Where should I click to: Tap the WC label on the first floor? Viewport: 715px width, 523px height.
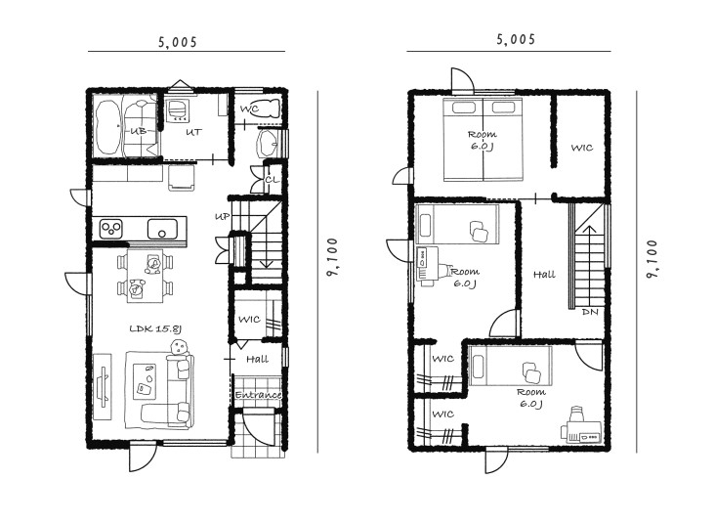click(x=249, y=109)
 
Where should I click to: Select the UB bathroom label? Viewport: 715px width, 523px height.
click(x=138, y=131)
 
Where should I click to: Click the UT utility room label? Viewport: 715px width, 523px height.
click(x=193, y=132)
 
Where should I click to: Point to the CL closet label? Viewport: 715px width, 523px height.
click(x=272, y=180)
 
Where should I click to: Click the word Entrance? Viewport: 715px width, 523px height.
click(x=258, y=395)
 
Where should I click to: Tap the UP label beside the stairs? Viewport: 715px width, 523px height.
click(x=222, y=217)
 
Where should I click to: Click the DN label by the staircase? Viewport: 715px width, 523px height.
click(x=590, y=312)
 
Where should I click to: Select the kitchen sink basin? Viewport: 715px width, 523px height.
click(x=162, y=229)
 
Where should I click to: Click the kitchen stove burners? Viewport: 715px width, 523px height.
click(x=111, y=229)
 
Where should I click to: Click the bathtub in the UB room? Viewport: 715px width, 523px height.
click(x=108, y=128)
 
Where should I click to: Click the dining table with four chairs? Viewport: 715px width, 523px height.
click(x=145, y=276)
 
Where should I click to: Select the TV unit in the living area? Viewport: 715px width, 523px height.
click(x=103, y=386)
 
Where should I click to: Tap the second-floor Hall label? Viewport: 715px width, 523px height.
click(x=544, y=275)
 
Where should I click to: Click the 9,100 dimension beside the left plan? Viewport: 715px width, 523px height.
click(x=332, y=257)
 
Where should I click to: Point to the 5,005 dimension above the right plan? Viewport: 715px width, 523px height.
click(x=516, y=39)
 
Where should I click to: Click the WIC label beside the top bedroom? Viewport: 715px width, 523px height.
click(x=582, y=148)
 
